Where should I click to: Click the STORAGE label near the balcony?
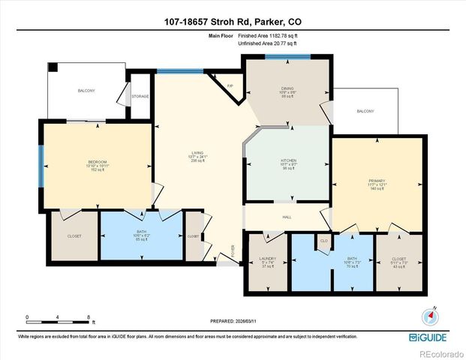coord(140,96)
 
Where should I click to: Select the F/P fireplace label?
coord(230,86)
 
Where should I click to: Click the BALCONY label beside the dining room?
coord(365,111)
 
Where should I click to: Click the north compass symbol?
coord(432,313)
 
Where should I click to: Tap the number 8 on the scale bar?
coord(89,318)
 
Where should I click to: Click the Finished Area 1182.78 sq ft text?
coord(268,35)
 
